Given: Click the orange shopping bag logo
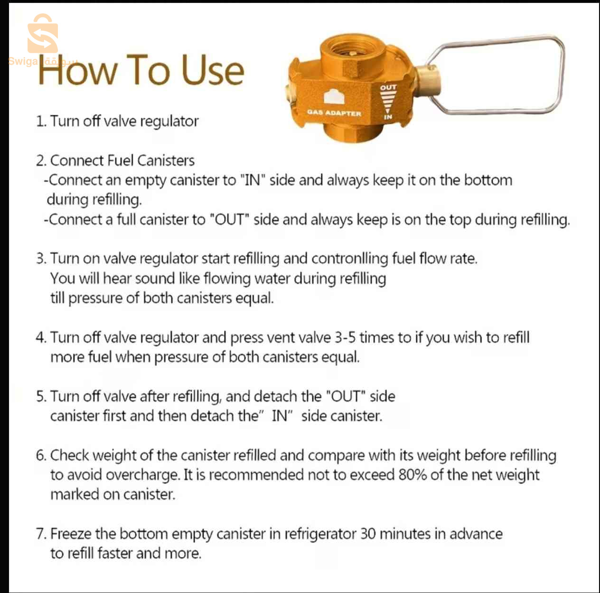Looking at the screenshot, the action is tap(43, 33).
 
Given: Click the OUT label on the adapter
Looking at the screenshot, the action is tap(388, 88).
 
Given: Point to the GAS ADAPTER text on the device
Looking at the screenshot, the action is tap(334, 113).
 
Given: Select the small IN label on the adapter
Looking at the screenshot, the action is tap(388, 117).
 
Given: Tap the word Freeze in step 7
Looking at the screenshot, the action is tap(71, 534).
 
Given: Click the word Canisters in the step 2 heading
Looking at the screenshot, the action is tap(166, 161).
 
